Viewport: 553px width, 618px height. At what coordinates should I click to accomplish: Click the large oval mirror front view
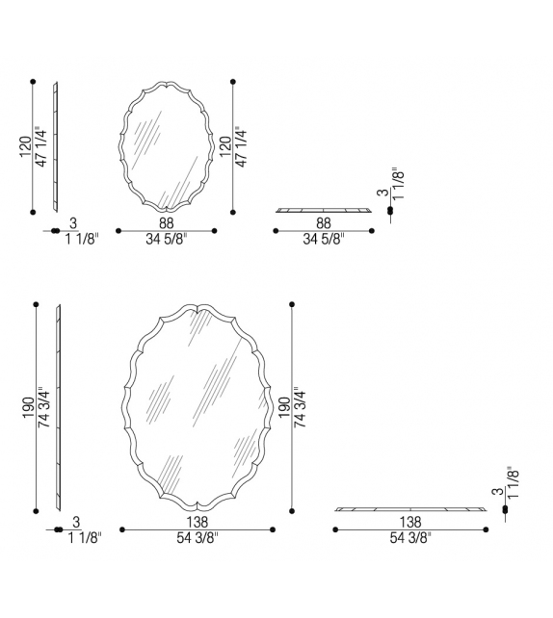(x=197, y=408)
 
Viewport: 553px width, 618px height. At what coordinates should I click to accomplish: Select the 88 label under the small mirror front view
(x=166, y=222)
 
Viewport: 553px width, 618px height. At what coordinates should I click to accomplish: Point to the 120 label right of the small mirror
(x=224, y=146)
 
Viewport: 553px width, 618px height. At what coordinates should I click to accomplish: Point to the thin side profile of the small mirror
(x=56, y=146)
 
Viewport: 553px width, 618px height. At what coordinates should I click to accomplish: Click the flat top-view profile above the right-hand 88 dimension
(x=324, y=209)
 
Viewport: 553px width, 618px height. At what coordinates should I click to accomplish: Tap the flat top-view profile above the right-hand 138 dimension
(x=411, y=508)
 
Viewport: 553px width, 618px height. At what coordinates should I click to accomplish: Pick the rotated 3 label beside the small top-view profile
(x=383, y=193)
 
